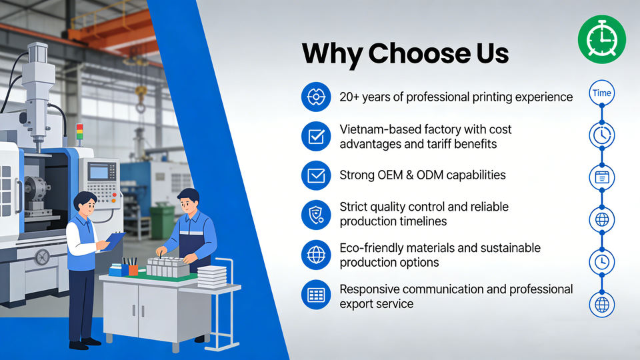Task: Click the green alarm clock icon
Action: (x=601, y=39)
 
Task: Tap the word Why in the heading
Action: (x=332, y=53)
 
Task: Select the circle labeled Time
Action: (x=601, y=93)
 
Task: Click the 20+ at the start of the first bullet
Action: (x=349, y=97)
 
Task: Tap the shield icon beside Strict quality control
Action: (x=316, y=215)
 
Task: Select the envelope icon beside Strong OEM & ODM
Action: (x=316, y=175)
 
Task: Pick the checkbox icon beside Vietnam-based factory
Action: (x=316, y=136)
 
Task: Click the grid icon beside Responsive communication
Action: (x=316, y=294)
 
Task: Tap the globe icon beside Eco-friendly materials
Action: (x=316, y=255)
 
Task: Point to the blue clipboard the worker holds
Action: (x=115, y=241)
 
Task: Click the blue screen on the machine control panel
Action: (x=99, y=172)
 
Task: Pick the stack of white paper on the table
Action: (x=212, y=277)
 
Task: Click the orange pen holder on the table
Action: (x=133, y=270)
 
